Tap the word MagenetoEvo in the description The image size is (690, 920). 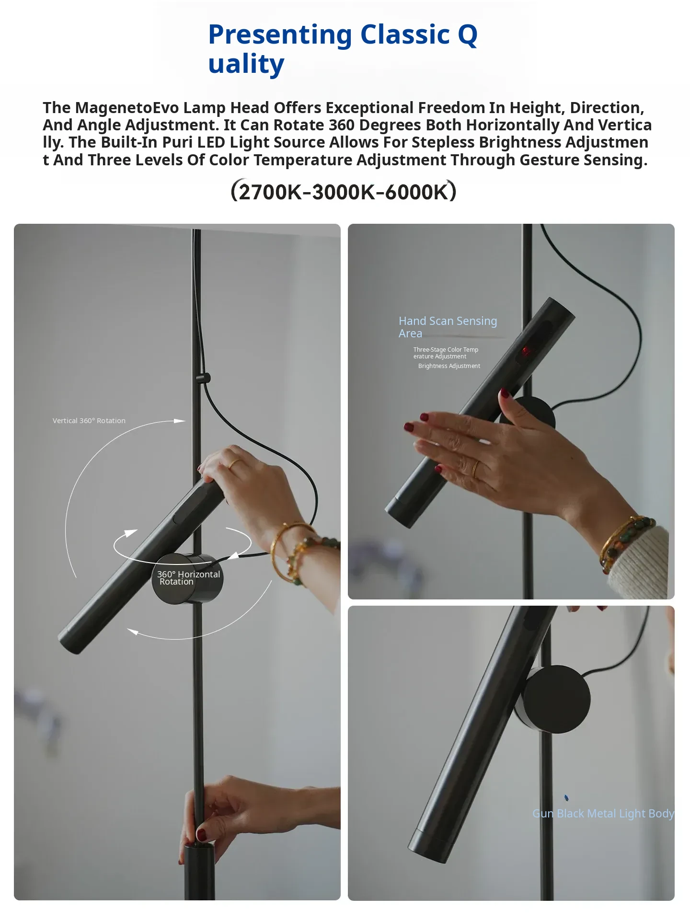pyautogui.click(x=127, y=107)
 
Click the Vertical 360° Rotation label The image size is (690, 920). pyautogui.click(x=89, y=421)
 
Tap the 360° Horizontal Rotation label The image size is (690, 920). pyautogui.click(x=189, y=578)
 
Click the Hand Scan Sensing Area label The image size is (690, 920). pyautogui.click(x=448, y=327)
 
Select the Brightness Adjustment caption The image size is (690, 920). pyautogui.click(x=449, y=366)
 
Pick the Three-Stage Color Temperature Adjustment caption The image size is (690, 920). pyautogui.click(x=446, y=353)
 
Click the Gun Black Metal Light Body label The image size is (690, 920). pyautogui.click(x=603, y=814)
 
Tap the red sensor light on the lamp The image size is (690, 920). pyautogui.click(x=526, y=350)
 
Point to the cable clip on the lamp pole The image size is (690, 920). pyautogui.click(x=204, y=378)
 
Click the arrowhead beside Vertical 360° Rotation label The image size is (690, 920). pyautogui.click(x=179, y=421)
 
